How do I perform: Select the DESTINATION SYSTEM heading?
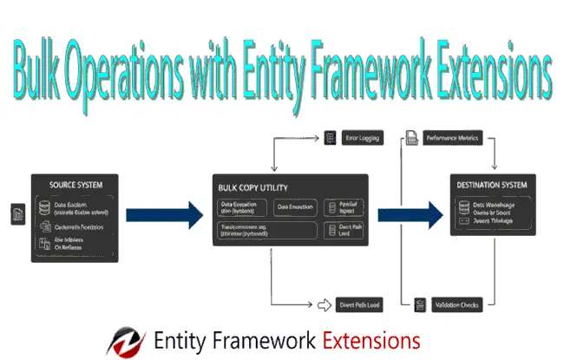pyautogui.click(x=491, y=185)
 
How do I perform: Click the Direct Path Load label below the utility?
pyautogui.click(x=359, y=304)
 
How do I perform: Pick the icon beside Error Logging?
pyautogui.click(x=330, y=138)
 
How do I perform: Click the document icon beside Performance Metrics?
pyautogui.click(x=411, y=138)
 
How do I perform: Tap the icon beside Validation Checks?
pyautogui.click(x=420, y=304)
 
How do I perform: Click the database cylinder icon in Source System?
pyautogui.click(x=45, y=208)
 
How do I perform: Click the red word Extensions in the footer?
pyautogui.click(x=371, y=339)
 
